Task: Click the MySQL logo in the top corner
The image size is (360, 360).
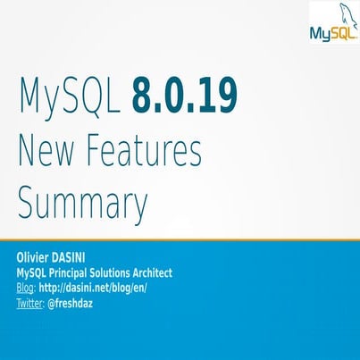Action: pos(333,25)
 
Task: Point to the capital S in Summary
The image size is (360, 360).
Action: pos(28,203)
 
